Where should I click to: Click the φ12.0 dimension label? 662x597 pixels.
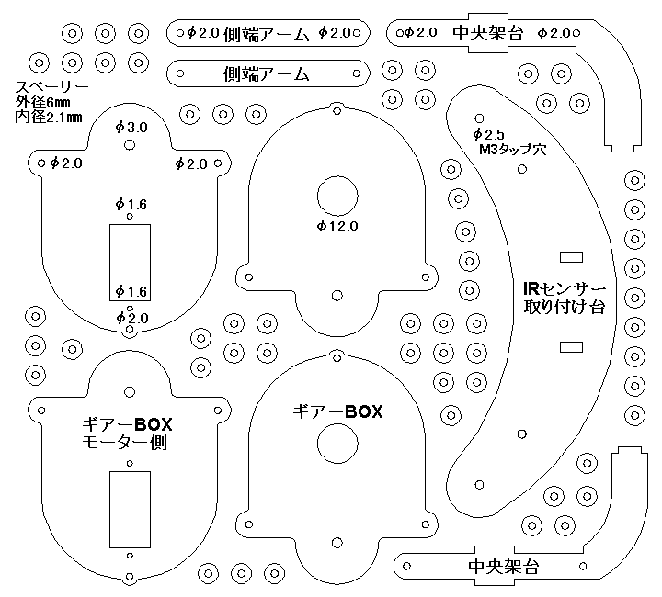[x=337, y=224]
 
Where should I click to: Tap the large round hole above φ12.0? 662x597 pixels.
[x=337, y=196]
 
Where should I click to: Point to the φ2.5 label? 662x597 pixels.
[x=490, y=133]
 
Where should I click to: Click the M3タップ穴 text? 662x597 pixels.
[x=512, y=149]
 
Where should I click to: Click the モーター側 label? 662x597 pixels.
[x=128, y=444]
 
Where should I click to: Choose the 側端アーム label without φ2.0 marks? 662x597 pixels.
[x=266, y=72]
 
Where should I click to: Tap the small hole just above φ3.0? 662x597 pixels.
[x=129, y=114]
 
